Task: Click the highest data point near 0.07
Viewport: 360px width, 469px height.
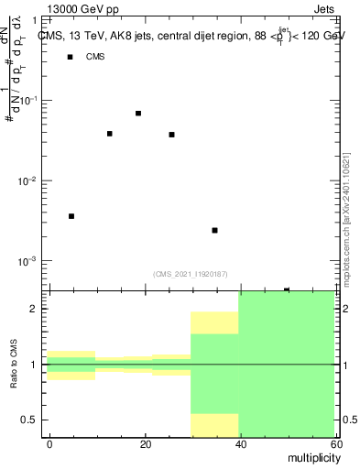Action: (138, 114)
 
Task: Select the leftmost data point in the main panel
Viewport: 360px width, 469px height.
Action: (71, 216)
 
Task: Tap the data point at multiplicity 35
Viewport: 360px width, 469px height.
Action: (214, 230)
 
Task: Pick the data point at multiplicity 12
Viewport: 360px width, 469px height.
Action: (110, 134)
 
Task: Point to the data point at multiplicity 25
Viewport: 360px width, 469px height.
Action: (171, 135)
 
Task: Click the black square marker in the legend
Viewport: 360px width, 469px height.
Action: (70, 58)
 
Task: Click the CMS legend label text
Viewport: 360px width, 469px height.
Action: (95, 58)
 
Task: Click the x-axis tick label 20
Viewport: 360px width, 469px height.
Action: (145, 444)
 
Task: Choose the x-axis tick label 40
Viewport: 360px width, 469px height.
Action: (239, 444)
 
